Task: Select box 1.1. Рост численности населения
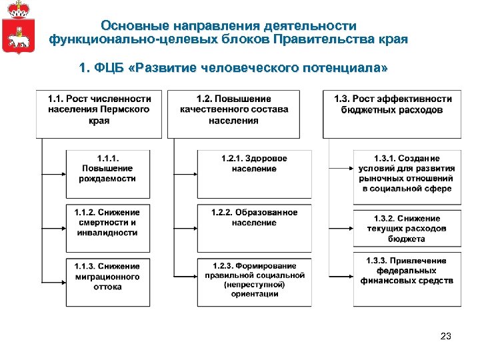[x=99, y=113]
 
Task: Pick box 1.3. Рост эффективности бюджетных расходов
[x=393, y=113]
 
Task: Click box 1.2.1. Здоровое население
[x=254, y=173]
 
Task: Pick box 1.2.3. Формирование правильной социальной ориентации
[x=254, y=281]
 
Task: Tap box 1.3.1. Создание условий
[x=406, y=177]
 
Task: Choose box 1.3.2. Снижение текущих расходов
[x=406, y=228]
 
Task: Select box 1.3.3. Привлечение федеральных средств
[x=406, y=279]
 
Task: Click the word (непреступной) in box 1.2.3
[x=254, y=285]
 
